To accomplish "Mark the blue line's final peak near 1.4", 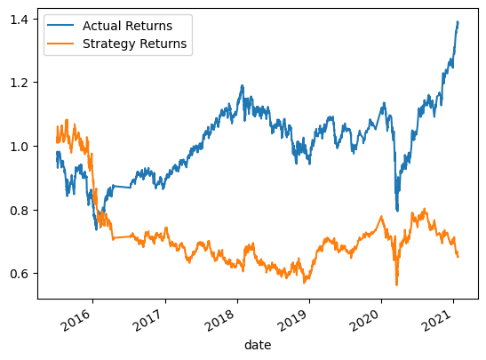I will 458,22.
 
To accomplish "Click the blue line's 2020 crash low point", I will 397,211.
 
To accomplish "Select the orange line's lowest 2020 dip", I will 396,284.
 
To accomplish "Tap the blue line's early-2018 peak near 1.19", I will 242,86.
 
